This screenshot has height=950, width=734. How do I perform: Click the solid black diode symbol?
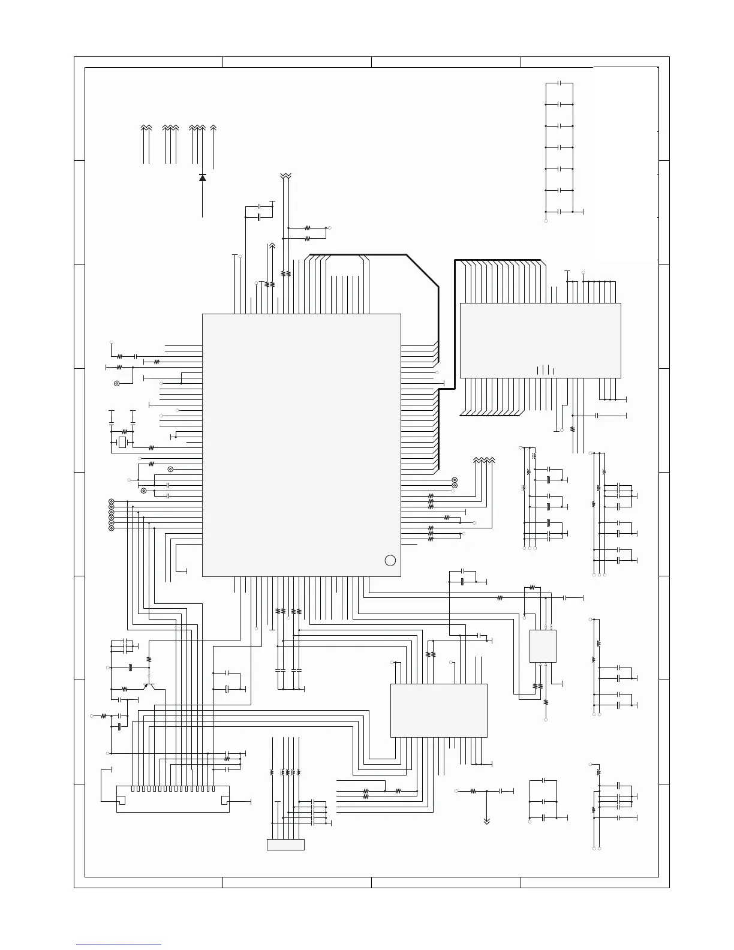(202, 178)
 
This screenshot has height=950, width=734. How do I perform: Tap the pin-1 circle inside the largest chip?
(390, 560)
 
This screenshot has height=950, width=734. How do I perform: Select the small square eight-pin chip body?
(543, 646)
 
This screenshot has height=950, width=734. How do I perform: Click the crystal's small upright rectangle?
(122, 443)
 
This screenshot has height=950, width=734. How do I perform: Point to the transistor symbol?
(147, 686)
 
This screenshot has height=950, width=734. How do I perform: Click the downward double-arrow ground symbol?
(486, 821)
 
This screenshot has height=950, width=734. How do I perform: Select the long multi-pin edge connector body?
(172, 799)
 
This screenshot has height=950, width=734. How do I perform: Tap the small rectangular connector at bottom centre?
(285, 844)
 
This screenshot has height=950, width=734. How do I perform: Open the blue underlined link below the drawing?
(119, 945)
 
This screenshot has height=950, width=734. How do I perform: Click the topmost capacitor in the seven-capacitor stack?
(559, 83)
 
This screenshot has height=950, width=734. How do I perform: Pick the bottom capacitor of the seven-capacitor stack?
(559, 212)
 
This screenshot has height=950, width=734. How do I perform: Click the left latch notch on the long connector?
(121, 800)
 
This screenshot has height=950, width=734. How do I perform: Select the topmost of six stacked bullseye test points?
(112, 501)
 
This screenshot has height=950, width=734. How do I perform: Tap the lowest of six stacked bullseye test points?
(112, 528)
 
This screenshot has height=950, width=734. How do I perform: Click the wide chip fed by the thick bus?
(540, 340)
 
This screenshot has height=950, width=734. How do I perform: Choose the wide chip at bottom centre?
(438, 710)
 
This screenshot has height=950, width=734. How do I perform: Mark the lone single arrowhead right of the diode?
(213, 128)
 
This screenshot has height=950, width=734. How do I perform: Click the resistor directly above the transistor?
(149, 659)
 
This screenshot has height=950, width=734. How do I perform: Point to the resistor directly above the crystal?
(124, 431)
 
